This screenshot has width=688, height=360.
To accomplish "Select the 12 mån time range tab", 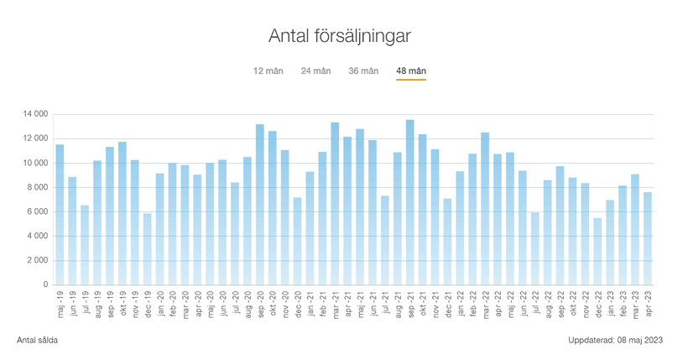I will [x=268, y=70].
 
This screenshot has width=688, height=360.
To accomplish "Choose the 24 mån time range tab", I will [x=316, y=70].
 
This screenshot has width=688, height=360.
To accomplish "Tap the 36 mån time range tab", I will [x=363, y=70].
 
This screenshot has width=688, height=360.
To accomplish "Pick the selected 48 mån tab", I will [x=411, y=70].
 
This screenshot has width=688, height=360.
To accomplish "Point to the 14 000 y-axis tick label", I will [x=34, y=114].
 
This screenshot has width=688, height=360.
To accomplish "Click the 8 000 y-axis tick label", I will [x=37, y=187].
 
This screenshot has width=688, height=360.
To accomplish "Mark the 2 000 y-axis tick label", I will [x=37, y=260].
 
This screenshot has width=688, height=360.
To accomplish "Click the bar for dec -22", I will [x=597, y=252].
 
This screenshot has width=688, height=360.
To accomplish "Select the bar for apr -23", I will [x=648, y=238].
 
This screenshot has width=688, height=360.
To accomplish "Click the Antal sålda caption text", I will [x=38, y=340].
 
